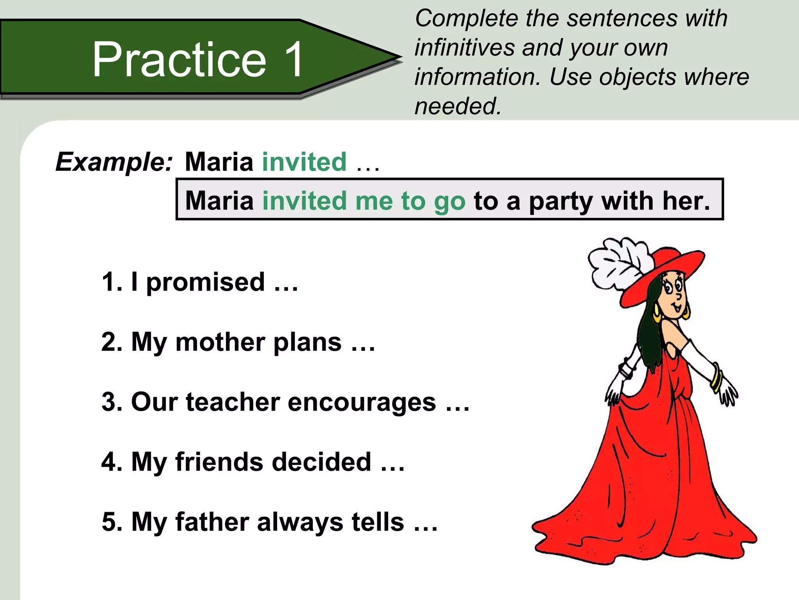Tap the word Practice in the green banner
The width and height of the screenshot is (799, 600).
click(x=179, y=59)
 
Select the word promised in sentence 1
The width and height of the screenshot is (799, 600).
click(x=206, y=282)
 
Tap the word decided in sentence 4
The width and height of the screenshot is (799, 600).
click(x=321, y=462)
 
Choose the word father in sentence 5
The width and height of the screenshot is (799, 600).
click(x=212, y=522)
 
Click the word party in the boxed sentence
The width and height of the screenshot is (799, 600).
click(x=561, y=202)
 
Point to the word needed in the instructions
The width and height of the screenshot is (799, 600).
click(x=457, y=106)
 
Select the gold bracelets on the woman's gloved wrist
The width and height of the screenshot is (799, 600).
click(x=717, y=377)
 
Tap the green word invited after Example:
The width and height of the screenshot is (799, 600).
click(x=304, y=162)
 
